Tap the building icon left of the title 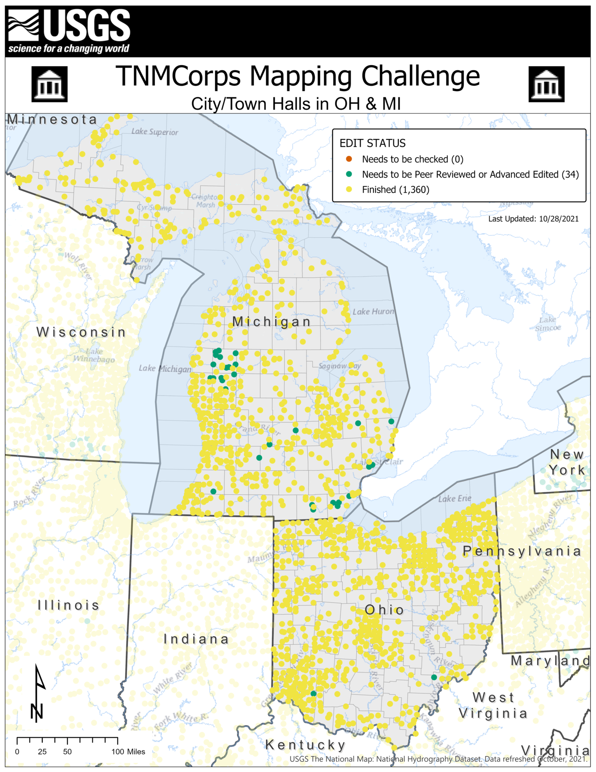[50, 84]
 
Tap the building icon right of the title [546, 84]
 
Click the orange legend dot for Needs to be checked [349, 159]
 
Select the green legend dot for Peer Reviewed [349, 174]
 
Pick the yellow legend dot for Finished [349, 189]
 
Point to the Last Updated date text [533, 219]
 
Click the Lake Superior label [154, 132]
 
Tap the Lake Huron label [373, 311]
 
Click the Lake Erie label [454, 498]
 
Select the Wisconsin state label [81, 332]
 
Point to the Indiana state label [196, 639]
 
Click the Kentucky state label [306, 744]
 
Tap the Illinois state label [69, 605]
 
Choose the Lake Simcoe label [548, 323]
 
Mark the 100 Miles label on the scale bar [128, 751]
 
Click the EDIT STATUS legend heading [372, 143]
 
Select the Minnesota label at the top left [52, 119]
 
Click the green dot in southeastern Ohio [434, 677]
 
